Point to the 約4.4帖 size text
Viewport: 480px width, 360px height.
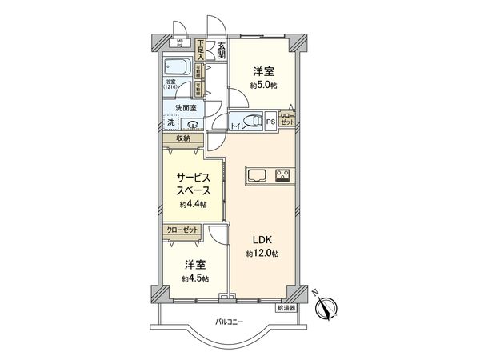(x=193, y=206)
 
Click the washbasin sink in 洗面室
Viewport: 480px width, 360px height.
(x=193, y=123)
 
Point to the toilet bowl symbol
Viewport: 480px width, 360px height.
(x=254, y=121)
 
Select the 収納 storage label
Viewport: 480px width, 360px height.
(x=183, y=138)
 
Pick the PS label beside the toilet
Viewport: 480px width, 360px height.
(x=271, y=122)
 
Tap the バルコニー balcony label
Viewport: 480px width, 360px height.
(x=230, y=322)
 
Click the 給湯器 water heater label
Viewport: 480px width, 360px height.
(x=286, y=306)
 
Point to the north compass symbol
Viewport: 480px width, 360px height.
(x=328, y=306)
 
